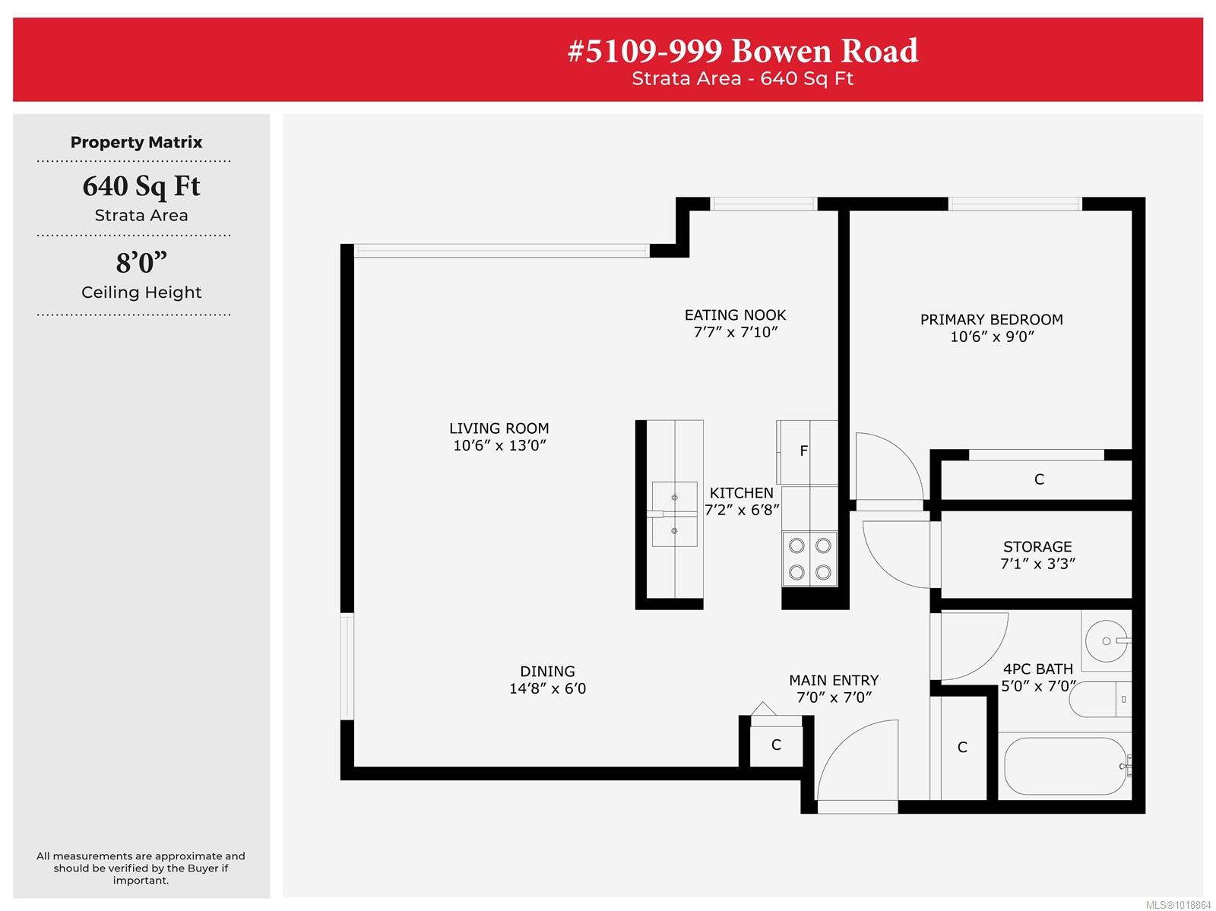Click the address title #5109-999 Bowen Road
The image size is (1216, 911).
pyautogui.click(x=743, y=51)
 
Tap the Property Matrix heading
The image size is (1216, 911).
pyautogui.click(x=136, y=142)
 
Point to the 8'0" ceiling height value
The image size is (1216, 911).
pyautogui.click(x=141, y=262)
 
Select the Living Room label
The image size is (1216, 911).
pyautogui.click(x=499, y=428)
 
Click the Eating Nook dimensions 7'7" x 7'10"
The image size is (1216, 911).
pyautogui.click(x=736, y=332)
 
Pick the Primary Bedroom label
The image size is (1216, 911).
pyautogui.click(x=992, y=320)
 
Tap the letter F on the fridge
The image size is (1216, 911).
pyautogui.click(x=804, y=451)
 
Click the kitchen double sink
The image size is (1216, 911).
pyautogui.click(x=674, y=514)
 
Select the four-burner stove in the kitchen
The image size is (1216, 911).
pyautogui.click(x=810, y=558)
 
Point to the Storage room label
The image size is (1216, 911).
pyautogui.click(x=1037, y=546)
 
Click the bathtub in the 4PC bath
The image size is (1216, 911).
pyautogui.click(x=1066, y=767)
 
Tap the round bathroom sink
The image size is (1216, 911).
pyautogui.click(x=1107, y=641)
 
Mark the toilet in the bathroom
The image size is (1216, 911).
pyautogui.click(x=1100, y=700)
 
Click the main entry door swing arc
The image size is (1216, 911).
pyautogui.click(x=842, y=742)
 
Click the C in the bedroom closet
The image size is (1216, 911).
pyautogui.click(x=1039, y=479)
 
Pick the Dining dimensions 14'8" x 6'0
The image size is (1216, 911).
pyautogui.click(x=547, y=688)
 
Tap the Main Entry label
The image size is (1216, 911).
pyautogui.click(x=834, y=680)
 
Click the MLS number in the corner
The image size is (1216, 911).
pyautogui.click(x=1178, y=904)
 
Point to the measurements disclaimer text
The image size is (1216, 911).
pyautogui.click(x=141, y=868)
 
